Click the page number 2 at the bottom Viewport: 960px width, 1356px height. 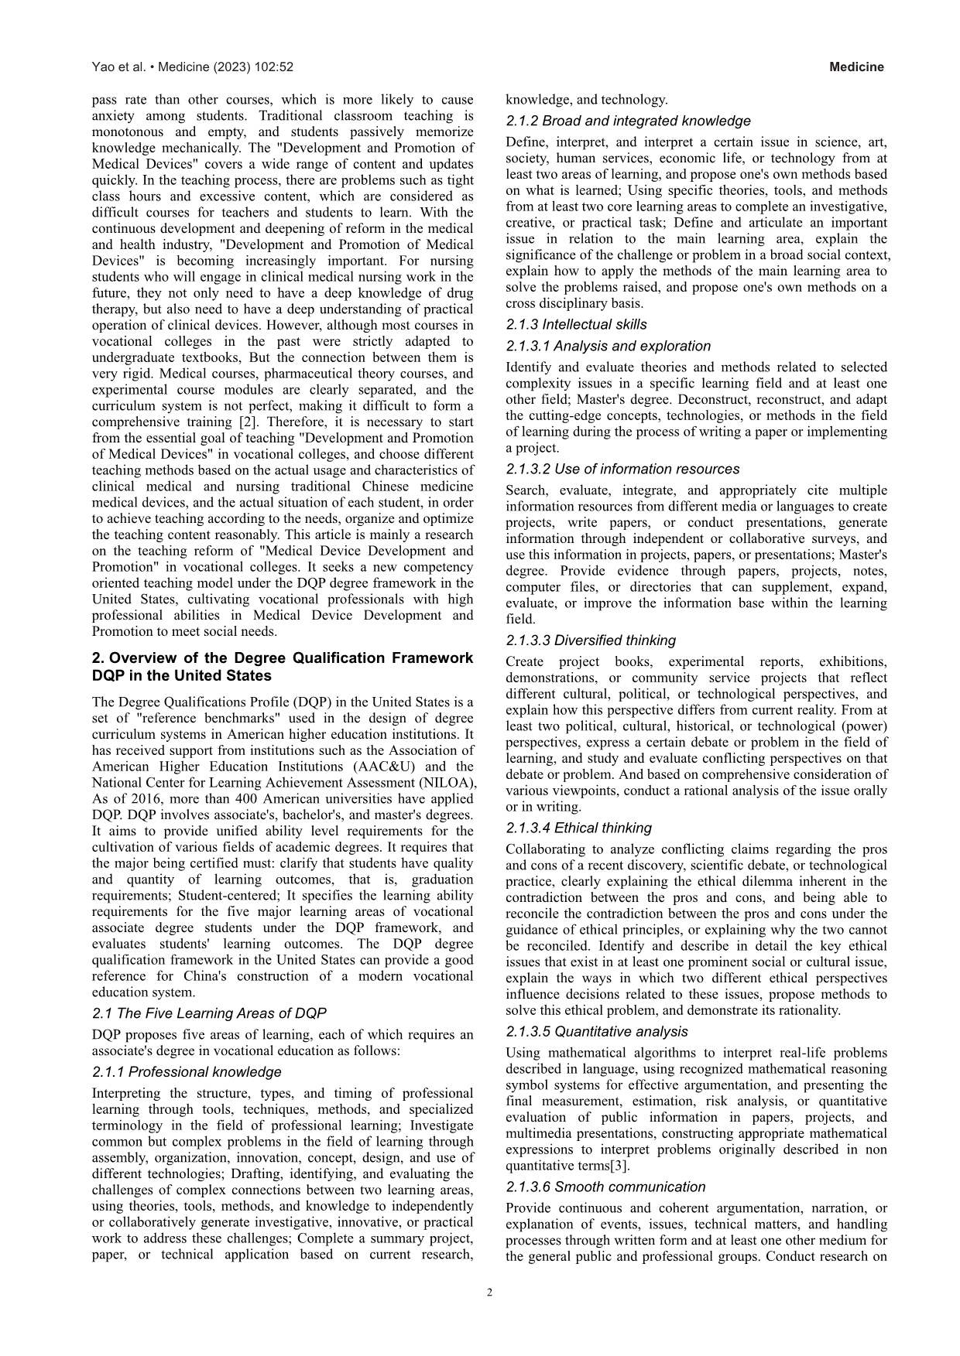pos(489,1292)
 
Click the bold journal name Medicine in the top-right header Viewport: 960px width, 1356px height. pos(856,67)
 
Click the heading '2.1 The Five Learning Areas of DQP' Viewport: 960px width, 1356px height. pos(209,1013)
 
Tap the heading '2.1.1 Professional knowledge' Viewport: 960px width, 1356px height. pos(187,1072)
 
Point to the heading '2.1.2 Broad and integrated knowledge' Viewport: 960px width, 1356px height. pos(628,121)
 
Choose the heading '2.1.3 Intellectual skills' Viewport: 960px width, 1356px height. pos(576,325)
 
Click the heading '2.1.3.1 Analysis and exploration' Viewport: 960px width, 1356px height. pos(608,346)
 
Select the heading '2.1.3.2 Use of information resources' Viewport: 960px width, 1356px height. pos(622,469)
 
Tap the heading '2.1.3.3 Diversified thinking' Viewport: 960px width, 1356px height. pos(591,640)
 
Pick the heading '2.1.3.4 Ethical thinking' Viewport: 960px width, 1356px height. pos(579,828)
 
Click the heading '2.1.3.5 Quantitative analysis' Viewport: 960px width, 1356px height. pos(597,1031)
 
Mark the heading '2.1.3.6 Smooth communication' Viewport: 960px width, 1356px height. pos(605,1187)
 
